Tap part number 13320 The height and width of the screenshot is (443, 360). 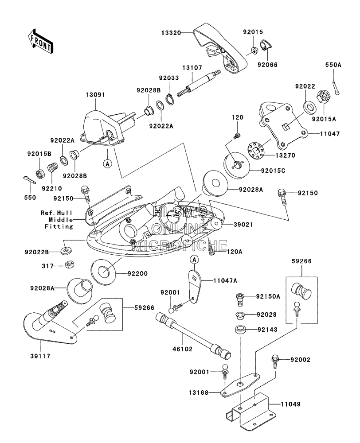[x=171, y=33]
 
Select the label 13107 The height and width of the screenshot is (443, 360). [x=192, y=68]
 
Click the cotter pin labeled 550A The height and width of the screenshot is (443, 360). [x=336, y=87]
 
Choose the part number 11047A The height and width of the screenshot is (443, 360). [x=225, y=280]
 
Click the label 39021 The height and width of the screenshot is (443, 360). [x=243, y=225]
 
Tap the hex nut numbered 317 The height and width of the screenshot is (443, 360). [x=69, y=265]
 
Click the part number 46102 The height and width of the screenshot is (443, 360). [x=182, y=349]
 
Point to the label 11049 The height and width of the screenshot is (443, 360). [x=290, y=404]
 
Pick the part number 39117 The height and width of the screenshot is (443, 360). [x=40, y=356]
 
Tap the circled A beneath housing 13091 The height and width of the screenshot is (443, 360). [x=107, y=163]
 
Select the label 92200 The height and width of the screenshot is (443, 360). [x=137, y=273]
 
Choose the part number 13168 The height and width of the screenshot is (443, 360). [x=199, y=392]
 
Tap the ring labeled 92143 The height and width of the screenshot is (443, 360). [x=240, y=330]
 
